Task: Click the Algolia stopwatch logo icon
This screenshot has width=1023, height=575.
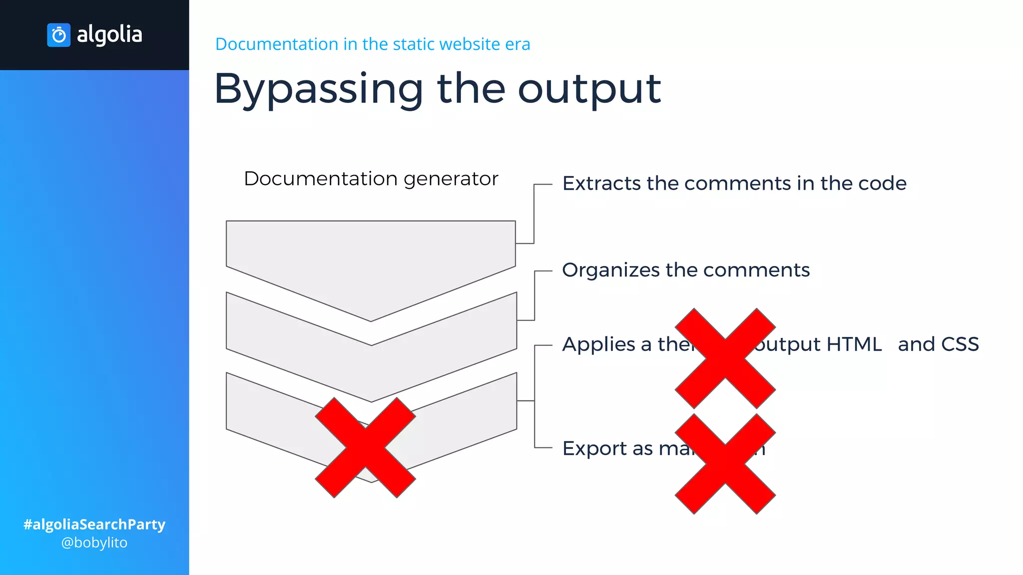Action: tap(58, 35)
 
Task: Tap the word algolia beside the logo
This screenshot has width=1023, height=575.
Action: tap(109, 35)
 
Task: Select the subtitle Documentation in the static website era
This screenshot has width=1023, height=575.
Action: tap(372, 44)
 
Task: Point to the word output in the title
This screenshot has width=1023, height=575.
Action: tap(589, 89)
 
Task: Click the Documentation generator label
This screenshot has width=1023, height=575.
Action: tap(371, 179)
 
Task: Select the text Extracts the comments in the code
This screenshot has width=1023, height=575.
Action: tap(734, 183)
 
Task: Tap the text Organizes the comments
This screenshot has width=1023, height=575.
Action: tap(685, 270)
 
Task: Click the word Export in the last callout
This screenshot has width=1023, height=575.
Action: tap(594, 448)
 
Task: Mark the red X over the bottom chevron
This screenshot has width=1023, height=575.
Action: tap(365, 448)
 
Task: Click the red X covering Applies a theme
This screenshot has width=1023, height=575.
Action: tap(725, 358)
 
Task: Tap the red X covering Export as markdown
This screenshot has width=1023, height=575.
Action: tap(725, 464)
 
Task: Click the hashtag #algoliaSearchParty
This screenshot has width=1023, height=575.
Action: tap(94, 525)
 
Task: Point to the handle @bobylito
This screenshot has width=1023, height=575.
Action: tap(94, 543)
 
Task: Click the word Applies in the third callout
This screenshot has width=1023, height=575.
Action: tap(598, 344)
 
